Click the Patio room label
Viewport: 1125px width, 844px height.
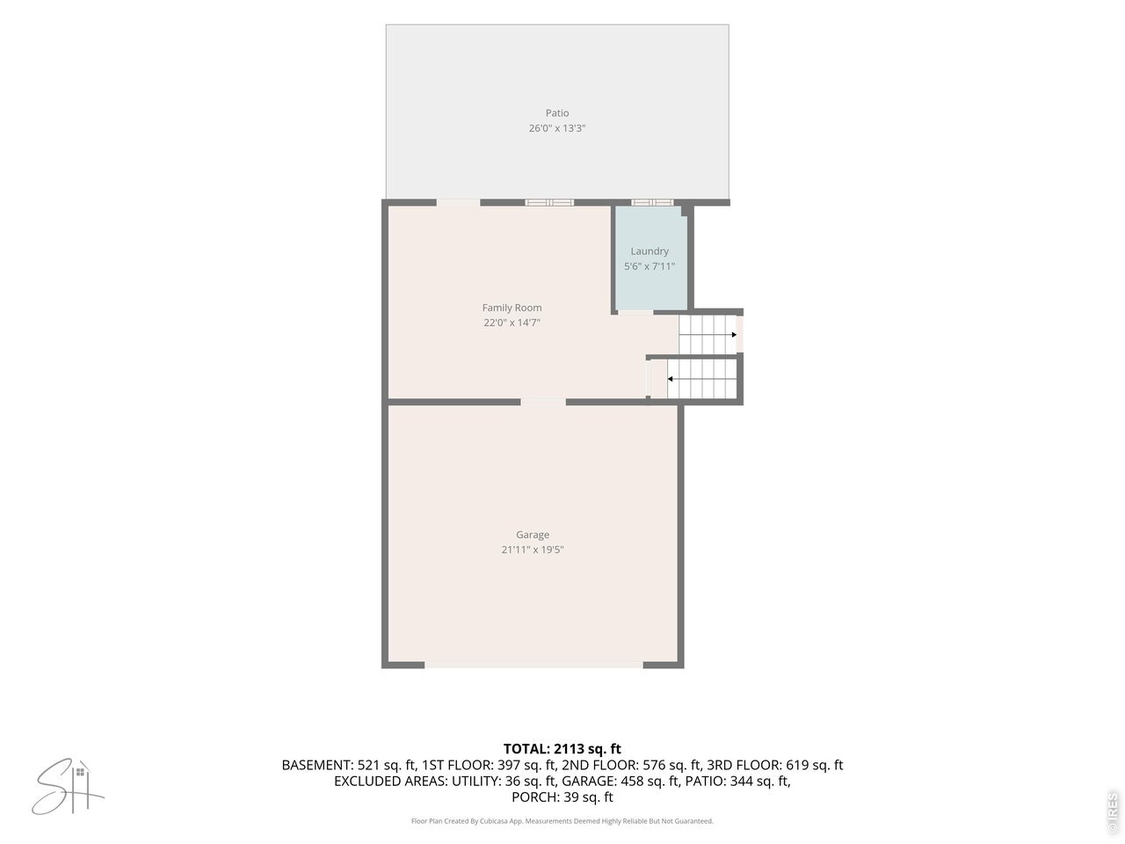point(556,113)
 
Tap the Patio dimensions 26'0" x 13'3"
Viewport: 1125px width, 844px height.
point(556,128)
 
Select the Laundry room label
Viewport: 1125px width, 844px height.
point(650,251)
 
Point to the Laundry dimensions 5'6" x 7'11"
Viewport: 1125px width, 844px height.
point(650,266)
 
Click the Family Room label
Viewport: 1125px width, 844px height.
point(512,308)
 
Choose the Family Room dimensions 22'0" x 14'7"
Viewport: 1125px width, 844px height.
point(512,323)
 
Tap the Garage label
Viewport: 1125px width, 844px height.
point(533,535)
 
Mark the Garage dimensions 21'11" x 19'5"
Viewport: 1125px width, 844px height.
point(533,549)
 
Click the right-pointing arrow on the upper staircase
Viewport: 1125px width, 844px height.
point(708,335)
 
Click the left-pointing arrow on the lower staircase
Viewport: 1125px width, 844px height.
point(701,379)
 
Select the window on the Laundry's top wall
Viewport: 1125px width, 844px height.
point(652,202)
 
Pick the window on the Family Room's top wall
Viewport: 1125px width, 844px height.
point(549,202)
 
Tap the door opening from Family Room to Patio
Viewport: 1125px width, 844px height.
point(458,202)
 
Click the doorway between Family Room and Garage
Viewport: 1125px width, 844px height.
point(543,402)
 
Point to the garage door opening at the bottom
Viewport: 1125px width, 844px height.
point(533,665)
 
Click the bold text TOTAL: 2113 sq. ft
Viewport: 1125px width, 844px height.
point(562,749)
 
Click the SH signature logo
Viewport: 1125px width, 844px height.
point(68,787)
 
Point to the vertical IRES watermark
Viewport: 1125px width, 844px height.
point(1112,811)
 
